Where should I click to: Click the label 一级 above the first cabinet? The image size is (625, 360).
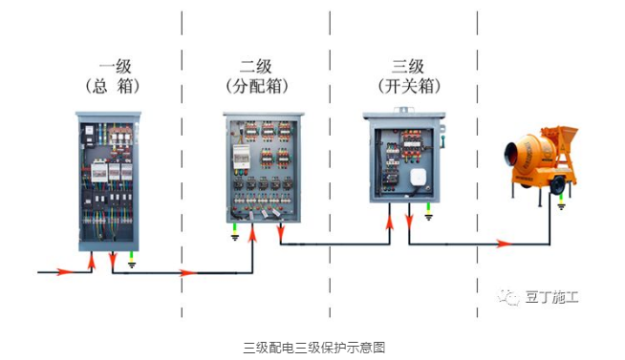tap(114, 67)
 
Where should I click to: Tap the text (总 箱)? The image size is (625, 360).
tap(113, 86)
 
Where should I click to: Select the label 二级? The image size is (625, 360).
tap(255, 67)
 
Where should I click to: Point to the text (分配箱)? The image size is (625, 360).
tap(255, 86)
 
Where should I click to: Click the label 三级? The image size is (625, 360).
tap(407, 67)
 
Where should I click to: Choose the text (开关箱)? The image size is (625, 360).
tap(407, 86)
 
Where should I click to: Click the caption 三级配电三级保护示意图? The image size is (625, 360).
tap(312, 347)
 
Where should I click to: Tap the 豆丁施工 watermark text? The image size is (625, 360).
tap(551, 297)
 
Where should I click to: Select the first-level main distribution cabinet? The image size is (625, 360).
tap(108, 181)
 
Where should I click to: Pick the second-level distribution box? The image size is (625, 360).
tap(264, 167)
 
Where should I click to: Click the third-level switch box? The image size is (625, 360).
tap(403, 158)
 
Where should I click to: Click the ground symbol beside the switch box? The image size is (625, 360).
tap(428, 215)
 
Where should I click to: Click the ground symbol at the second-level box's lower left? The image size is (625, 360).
tap(235, 236)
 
